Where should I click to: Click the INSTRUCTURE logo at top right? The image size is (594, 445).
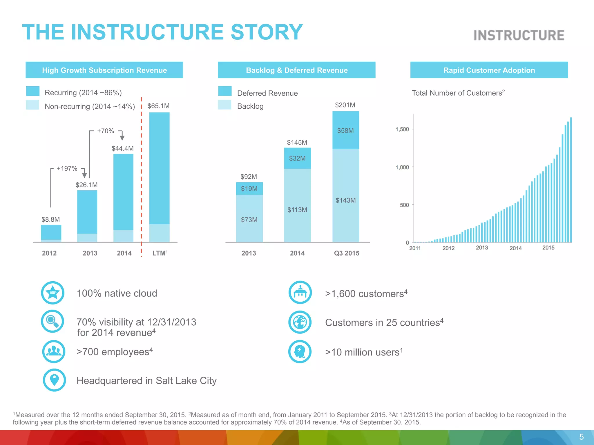(x=519, y=35)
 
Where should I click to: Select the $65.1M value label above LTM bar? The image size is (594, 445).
(x=158, y=106)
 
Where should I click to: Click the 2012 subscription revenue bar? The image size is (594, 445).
(x=51, y=233)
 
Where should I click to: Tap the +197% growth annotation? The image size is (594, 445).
(x=67, y=169)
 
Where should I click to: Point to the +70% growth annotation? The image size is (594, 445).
(x=106, y=131)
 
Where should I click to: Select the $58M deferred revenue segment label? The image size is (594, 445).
(x=345, y=131)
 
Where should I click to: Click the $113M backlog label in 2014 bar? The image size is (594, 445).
(x=297, y=210)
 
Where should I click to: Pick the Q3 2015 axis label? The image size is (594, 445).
(x=347, y=253)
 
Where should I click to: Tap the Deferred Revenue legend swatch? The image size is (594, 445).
(x=225, y=91)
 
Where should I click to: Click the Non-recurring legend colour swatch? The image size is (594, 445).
(x=32, y=105)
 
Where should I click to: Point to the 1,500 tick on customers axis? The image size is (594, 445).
(x=402, y=129)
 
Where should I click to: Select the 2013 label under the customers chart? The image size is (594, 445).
(x=482, y=248)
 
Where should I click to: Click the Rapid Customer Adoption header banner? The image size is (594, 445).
(x=489, y=70)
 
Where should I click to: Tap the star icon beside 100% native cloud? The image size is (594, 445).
(x=53, y=293)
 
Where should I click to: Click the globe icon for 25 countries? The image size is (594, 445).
(x=300, y=322)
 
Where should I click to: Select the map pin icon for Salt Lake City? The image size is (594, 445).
(x=54, y=380)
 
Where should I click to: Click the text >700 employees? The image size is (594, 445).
(x=114, y=352)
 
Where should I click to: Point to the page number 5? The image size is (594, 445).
(x=581, y=437)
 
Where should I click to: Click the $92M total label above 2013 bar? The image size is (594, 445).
(x=249, y=177)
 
